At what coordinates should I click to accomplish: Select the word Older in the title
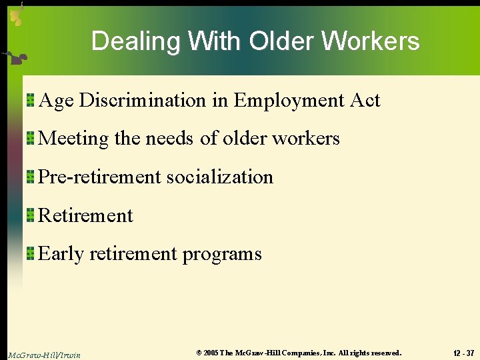tap(280, 41)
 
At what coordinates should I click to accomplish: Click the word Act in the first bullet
tap(365, 100)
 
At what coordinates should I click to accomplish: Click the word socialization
tap(220, 177)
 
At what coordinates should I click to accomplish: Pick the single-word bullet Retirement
tap(86, 215)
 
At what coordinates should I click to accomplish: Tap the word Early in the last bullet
tap(61, 254)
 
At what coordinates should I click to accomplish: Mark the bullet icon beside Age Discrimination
tap(31, 101)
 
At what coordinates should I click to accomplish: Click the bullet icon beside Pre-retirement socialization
tap(31, 177)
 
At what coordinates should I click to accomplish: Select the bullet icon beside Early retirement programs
tap(31, 254)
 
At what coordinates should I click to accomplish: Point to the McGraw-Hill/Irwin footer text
tap(44, 355)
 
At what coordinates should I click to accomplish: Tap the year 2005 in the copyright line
tap(211, 353)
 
